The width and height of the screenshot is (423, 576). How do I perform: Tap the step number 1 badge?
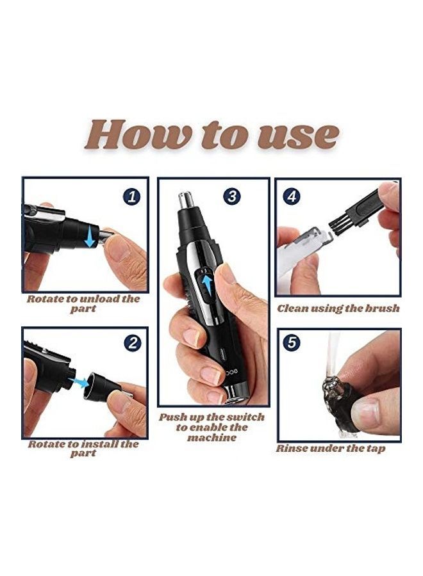tap(132, 196)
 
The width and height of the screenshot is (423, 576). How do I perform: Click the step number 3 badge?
tap(232, 196)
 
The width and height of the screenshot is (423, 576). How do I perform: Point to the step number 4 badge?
tap(292, 196)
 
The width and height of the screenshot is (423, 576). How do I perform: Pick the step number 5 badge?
tap(292, 342)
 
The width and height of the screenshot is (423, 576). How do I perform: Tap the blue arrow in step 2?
tap(79, 382)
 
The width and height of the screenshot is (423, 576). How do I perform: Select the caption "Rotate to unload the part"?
tap(83, 303)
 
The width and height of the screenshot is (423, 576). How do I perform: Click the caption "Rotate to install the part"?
tap(83, 448)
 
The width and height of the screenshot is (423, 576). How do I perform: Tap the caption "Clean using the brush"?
tap(338, 308)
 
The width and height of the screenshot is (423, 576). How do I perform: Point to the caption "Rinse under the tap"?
tap(331, 449)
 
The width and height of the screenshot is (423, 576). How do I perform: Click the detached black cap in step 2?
tap(102, 387)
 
